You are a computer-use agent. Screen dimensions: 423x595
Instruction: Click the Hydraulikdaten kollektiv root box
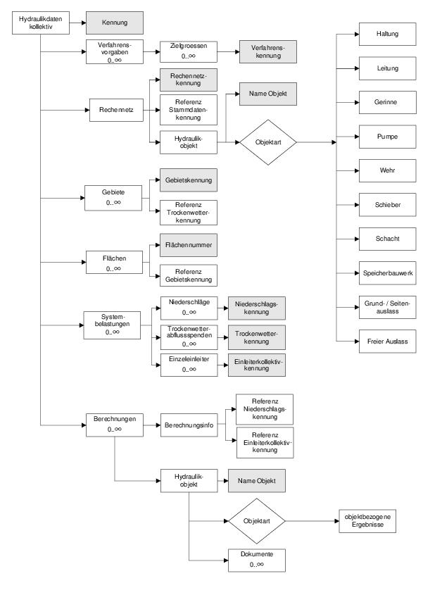[41, 23]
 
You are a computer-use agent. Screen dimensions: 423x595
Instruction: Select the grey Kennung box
[115, 23]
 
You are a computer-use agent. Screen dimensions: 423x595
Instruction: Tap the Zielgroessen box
[189, 51]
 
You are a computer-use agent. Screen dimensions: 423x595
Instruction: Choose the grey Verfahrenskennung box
[268, 51]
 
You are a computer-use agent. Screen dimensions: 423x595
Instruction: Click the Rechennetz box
[116, 110]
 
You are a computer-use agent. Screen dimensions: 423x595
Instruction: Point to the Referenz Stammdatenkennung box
[189, 110]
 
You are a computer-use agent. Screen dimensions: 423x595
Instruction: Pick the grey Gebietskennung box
[189, 180]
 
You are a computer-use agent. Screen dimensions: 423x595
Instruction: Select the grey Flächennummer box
[189, 245]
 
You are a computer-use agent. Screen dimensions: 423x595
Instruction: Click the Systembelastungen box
[112, 325]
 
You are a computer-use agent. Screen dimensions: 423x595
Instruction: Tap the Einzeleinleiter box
[189, 365]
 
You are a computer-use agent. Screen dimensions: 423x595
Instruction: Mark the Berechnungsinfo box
[189, 425]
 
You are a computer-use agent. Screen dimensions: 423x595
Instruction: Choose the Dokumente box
[256, 560]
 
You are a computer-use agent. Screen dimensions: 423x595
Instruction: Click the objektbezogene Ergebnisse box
[367, 521]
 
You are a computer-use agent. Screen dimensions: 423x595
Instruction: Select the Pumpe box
[387, 137]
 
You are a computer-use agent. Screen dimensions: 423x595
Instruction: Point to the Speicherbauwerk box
[387, 273]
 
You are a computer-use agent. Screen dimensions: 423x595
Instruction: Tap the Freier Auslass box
[387, 342]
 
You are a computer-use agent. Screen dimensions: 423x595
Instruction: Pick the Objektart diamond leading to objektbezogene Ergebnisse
[257, 521]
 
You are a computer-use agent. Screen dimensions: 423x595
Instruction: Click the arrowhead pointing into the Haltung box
[357, 35]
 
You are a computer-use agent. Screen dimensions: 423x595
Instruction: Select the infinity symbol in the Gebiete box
[118, 203]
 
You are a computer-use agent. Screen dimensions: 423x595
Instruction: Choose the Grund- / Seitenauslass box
[387, 308]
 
